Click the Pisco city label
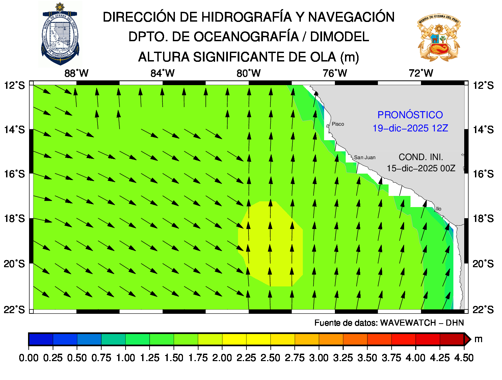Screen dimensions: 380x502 tap(338, 124)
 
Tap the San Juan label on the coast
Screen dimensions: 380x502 tap(365, 157)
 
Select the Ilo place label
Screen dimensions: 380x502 tap(439, 209)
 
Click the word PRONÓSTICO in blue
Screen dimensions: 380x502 tap(410, 115)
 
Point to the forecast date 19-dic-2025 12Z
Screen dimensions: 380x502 tap(410, 128)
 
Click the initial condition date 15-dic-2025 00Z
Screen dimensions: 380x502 tap(421, 168)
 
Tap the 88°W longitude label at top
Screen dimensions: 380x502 tap(76, 73)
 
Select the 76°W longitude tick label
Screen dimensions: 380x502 tap(335, 73)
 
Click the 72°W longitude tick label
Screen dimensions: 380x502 tap(421, 73)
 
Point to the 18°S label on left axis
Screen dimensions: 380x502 tap(15, 219)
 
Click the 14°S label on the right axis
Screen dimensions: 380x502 tap(483, 130)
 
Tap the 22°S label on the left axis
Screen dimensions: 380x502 tap(15, 309)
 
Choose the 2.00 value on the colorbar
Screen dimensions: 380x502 tap(222, 358)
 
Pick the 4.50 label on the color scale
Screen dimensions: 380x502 tap(464, 358)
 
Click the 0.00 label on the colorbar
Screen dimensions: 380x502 tap(29, 358)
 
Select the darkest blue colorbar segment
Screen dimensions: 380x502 tap(41, 339)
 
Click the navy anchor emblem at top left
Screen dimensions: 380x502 tap(60, 34)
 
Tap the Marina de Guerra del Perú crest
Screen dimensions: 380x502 tap(439, 37)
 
